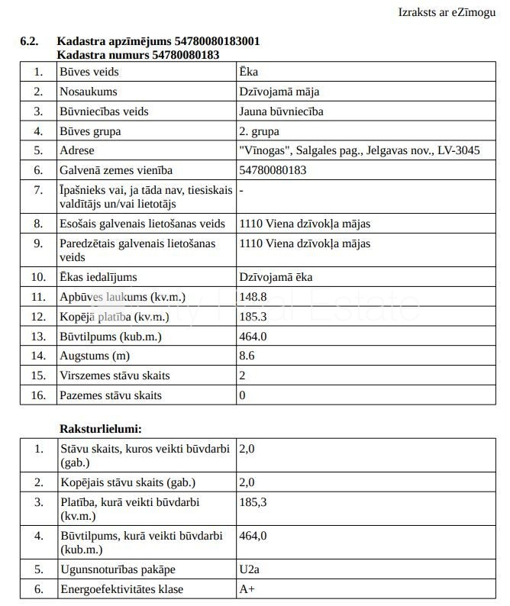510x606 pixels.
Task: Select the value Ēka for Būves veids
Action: [248, 72]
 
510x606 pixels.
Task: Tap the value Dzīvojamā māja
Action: [279, 92]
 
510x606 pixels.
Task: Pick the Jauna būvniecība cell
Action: [281, 111]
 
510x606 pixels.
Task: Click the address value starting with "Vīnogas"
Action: [360, 150]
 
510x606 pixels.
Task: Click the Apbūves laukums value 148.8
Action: [253, 297]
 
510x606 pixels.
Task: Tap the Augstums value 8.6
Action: [247, 356]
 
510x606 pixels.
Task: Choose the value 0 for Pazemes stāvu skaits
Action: [243, 395]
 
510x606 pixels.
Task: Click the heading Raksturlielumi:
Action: [101, 429]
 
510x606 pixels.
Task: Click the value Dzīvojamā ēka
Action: [276, 277]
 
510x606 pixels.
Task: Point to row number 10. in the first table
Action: [38, 277]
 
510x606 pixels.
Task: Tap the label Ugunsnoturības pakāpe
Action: [118, 569]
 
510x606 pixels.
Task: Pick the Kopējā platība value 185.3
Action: [253, 317]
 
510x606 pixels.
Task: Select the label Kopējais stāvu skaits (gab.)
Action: [127, 482]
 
